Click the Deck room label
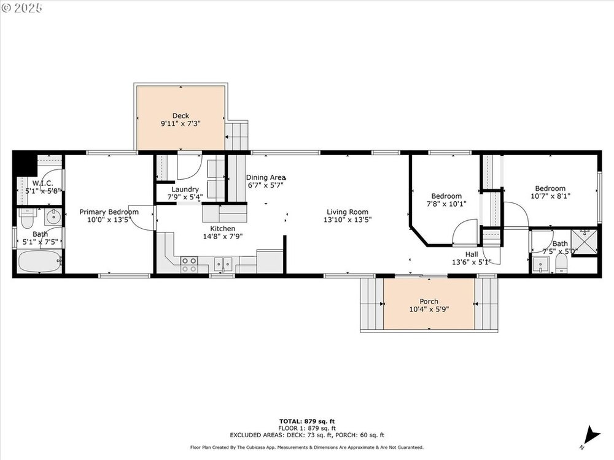[181, 116]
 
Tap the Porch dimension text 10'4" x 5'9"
[429, 309]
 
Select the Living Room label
[348, 212]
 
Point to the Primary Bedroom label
[109, 212]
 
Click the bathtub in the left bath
[39, 261]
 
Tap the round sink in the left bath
[52, 217]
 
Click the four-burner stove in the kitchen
[188, 265]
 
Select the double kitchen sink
[223, 264]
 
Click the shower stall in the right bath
[585, 241]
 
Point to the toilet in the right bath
[562, 265]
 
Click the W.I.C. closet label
[43, 183]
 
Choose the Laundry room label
[185, 190]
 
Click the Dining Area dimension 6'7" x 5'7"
[265, 185]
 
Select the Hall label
[472, 255]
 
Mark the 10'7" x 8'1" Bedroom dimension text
[550, 196]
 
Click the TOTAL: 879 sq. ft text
[306, 421]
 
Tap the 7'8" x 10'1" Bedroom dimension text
[446, 204]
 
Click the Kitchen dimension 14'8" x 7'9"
[223, 236]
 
